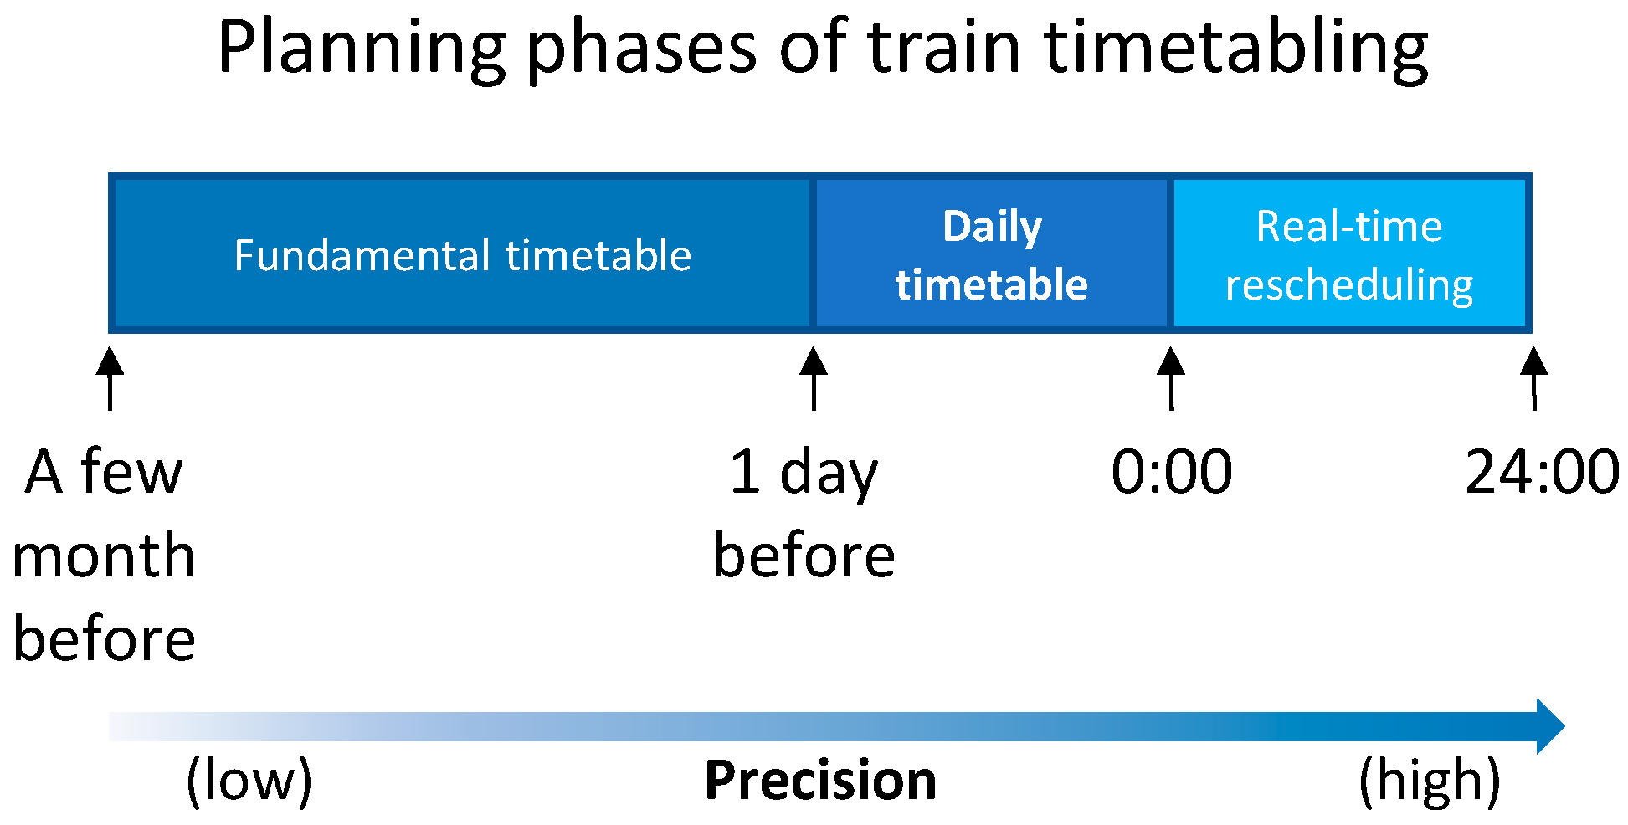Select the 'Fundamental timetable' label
pos(463,255)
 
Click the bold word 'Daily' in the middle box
pos(993,228)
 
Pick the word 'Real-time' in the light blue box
pos(1349,226)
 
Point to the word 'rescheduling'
pos(1349,285)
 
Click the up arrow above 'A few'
pos(110,378)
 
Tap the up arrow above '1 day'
pos(814,378)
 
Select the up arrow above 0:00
pos(1171,378)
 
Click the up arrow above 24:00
pos(1533,378)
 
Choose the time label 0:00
pos(1172,472)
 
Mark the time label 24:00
pos(1543,472)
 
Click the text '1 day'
pos(804,474)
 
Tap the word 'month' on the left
pos(104,556)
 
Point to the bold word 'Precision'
pos(820,781)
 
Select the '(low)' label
pos(249,781)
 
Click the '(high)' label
pos(1430,781)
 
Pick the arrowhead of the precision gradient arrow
pos(1550,726)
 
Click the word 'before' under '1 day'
pos(804,556)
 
